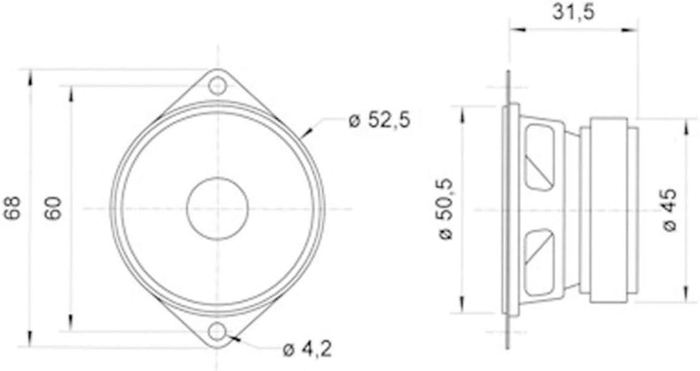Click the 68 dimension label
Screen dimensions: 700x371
[14, 208]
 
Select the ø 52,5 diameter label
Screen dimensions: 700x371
[379, 120]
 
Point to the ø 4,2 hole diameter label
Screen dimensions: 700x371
[308, 349]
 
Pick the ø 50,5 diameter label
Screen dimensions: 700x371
[446, 209]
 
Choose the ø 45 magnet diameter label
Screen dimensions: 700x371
[670, 209]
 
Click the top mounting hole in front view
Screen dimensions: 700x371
[218, 85]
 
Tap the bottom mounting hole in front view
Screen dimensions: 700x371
[218, 332]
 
